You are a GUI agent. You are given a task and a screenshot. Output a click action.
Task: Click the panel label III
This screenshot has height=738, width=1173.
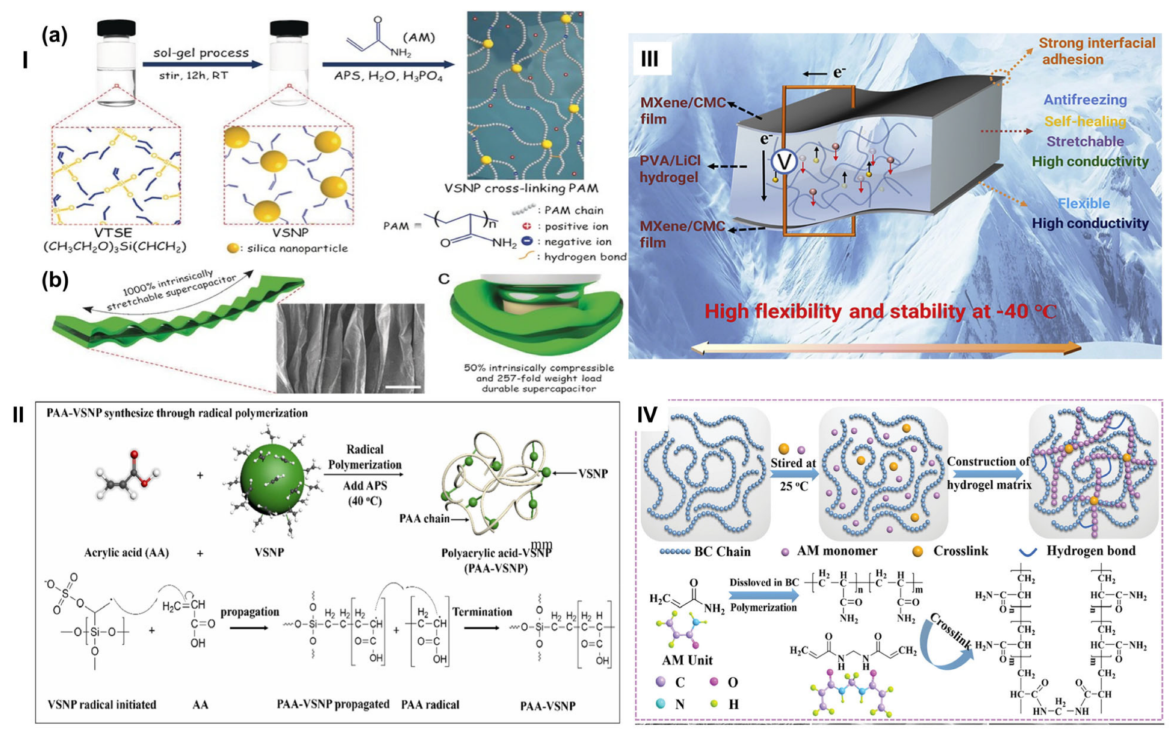pos(649,59)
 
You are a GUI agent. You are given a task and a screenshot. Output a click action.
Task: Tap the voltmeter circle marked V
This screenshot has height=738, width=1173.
pos(784,161)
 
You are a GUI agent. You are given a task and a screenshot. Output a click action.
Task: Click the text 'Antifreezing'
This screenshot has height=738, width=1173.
pos(1085,100)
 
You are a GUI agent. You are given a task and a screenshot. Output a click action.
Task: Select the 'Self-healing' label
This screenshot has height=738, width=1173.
pos(1085,121)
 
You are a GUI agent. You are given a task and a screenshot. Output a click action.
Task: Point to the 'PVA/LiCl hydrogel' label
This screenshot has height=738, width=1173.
pos(669,169)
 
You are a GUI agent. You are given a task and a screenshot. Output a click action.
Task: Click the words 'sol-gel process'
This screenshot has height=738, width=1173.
pos(201,53)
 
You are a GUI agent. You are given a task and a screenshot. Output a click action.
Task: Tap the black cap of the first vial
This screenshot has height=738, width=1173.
pos(116,28)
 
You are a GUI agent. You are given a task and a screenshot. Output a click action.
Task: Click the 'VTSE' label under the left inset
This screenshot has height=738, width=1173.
pos(113,233)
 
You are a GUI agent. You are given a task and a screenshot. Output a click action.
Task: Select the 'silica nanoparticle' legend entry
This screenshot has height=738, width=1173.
pos(297,248)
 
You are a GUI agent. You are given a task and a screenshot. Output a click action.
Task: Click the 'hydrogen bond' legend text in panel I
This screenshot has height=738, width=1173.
pos(585,257)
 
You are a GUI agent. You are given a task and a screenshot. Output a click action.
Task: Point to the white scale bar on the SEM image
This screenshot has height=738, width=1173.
pos(403,387)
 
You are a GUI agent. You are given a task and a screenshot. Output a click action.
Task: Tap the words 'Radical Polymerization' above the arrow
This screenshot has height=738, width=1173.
pos(365,457)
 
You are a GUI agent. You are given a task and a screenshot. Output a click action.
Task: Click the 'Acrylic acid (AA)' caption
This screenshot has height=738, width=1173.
pos(126,552)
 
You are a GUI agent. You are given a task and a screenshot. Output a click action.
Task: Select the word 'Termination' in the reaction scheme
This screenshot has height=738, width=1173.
pos(482,612)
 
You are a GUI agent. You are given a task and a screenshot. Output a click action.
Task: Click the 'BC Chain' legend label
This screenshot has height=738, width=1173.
pos(722,551)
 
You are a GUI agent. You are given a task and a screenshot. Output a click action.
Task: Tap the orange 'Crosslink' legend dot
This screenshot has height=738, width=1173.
pos(918,551)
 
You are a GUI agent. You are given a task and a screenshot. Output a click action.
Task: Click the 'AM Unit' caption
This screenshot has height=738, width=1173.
pos(687,660)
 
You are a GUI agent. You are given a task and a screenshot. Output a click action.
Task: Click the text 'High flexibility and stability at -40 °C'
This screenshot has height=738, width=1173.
pos(880,311)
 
